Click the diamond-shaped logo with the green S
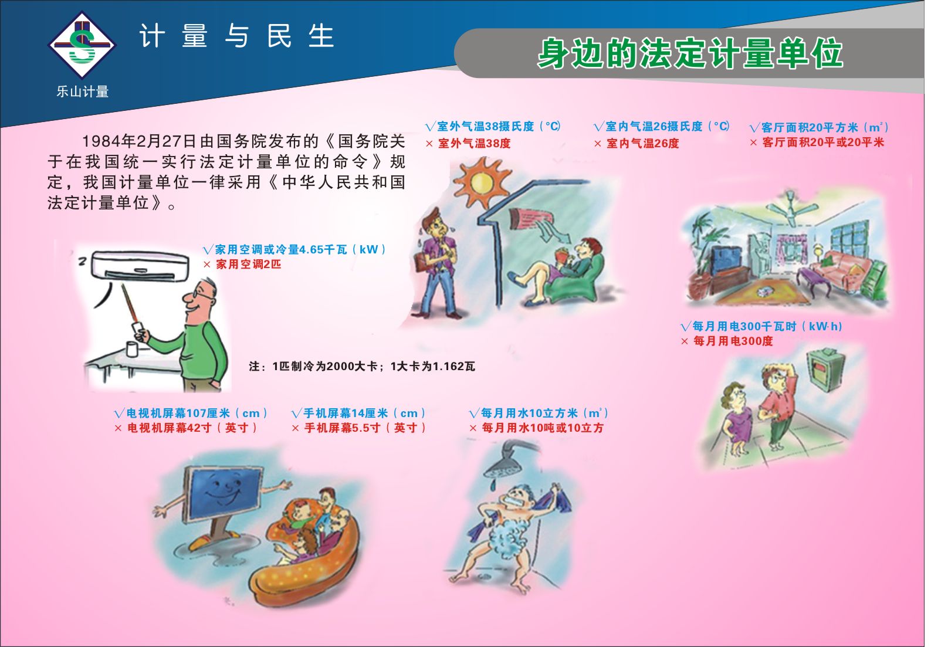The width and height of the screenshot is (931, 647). [x=82, y=45]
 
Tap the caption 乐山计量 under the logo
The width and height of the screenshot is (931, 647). [x=83, y=92]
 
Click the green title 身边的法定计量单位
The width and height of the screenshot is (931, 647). [x=690, y=53]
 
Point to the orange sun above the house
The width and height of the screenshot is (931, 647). [x=481, y=182]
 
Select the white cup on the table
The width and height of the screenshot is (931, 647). [x=132, y=348]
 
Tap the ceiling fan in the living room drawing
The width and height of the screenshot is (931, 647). [x=791, y=208]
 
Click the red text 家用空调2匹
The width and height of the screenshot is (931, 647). [x=249, y=265]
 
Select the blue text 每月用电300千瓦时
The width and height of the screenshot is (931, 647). [x=744, y=327]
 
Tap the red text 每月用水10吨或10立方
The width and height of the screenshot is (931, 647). [x=543, y=428]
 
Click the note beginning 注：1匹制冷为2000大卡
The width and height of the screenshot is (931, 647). [x=362, y=366]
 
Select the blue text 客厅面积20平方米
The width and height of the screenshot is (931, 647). [x=810, y=127]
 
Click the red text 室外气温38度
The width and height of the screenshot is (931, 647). [x=474, y=143]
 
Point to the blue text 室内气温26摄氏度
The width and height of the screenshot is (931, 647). [x=654, y=126]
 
